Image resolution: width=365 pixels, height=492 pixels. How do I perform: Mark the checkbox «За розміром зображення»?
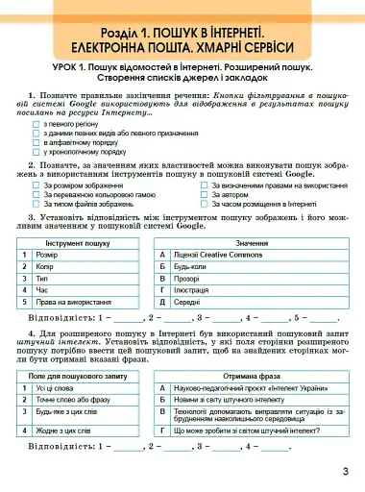click(x=38, y=184)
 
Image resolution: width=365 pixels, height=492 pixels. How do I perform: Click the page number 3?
click(x=345, y=472)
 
